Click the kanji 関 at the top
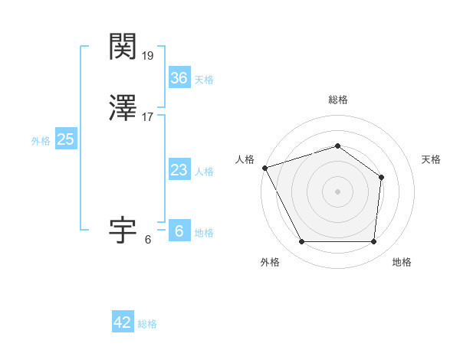point(123,47)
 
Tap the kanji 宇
point(123,229)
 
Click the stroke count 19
point(148,56)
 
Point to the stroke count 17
point(148,117)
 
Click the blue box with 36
point(179,78)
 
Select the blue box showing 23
point(179,171)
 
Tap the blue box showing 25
point(65,139)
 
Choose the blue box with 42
point(123,322)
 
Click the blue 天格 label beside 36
point(204,80)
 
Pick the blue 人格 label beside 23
point(204,172)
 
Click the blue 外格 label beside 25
point(41,141)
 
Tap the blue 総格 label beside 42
point(147,324)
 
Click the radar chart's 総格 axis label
point(338,100)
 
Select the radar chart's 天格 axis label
point(432,159)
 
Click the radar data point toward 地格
point(374,242)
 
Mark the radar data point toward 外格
point(301,242)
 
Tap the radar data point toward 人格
point(264,168)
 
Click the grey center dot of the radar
point(338,191)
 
